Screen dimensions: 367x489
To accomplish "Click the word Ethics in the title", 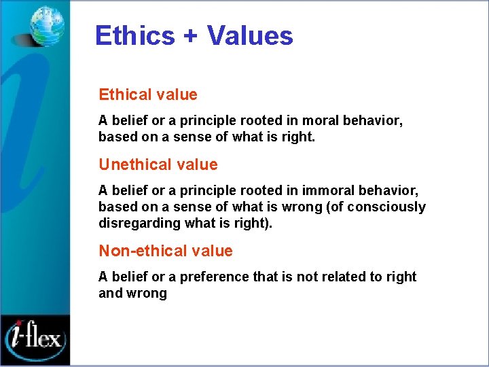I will click(x=134, y=35).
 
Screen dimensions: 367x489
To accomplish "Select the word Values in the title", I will click(x=250, y=35).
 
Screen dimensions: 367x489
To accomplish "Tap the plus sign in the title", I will click(x=190, y=36).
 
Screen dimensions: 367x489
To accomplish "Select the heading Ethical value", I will click(x=148, y=94).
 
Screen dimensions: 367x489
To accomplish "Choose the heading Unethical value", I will click(x=158, y=164).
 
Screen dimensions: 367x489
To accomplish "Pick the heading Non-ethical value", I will click(x=166, y=251).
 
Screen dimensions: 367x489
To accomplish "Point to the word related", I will click(x=344, y=277).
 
